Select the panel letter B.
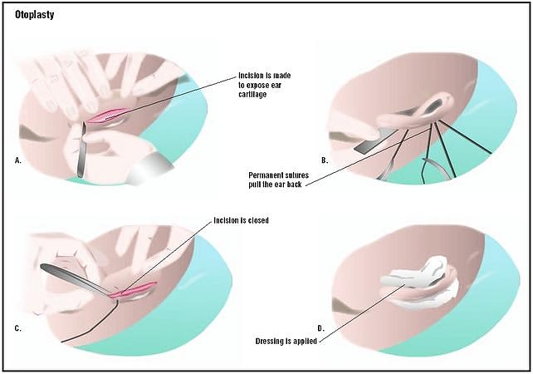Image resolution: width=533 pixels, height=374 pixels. click(324, 159)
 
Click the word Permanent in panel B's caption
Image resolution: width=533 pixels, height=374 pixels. click(268, 175)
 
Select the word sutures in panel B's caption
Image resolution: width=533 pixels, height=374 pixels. click(306, 175)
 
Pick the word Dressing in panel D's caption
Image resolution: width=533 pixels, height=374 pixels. click(274, 340)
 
